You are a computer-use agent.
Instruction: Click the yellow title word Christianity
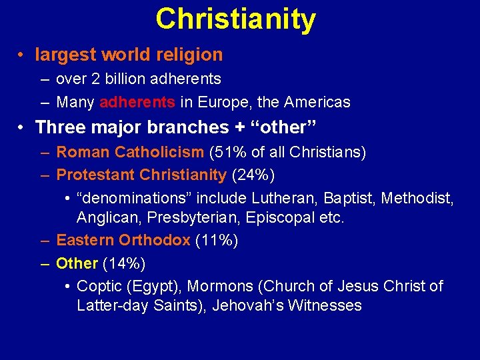[x=235, y=19]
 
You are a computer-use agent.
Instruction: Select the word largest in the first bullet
[x=63, y=54]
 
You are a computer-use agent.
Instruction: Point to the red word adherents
[x=137, y=102]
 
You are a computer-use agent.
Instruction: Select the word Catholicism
[x=159, y=153]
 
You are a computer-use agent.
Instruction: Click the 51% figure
[x=227, y=153]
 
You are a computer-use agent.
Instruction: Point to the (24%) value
[x=253, y=175]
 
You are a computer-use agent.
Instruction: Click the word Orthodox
[x=155, y=240]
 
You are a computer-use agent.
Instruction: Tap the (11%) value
[x=217, y=240]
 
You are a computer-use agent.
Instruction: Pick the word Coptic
[x=98, y=286]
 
